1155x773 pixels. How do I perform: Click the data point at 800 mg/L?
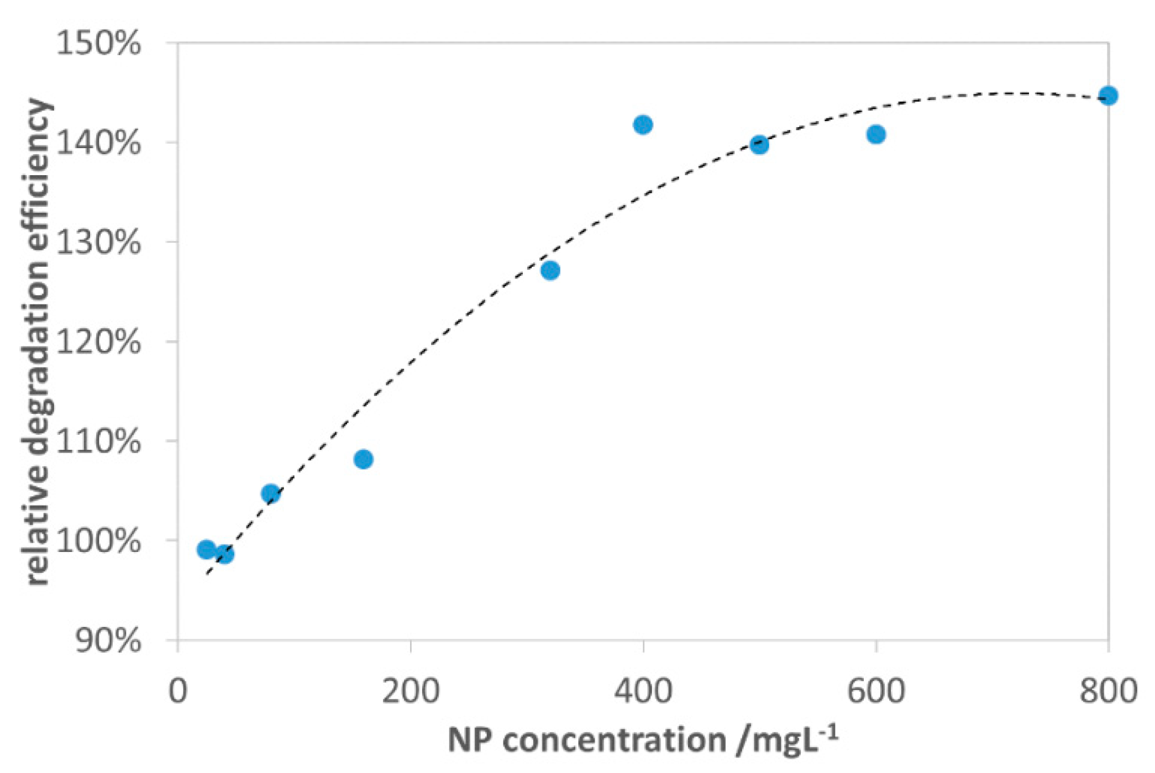(x=1108, y=96)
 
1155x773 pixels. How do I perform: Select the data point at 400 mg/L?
(x=643, y=125)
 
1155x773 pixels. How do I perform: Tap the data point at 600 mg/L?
(x=876, y=134)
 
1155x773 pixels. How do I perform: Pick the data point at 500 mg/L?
(x=759, y=145)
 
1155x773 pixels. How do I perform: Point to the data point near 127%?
(x=550, y=271)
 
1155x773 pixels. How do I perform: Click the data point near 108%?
(x=363, y=459)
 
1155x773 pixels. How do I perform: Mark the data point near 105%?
(x=270, y=493)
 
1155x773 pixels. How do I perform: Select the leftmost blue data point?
(x=206, y=550)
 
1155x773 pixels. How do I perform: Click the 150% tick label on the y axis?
(x=99, y=44)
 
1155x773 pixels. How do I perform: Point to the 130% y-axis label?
(x=99, y=243)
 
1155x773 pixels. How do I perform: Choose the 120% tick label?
(x=99, y=342)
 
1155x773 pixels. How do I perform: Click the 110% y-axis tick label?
(x=99, y=441)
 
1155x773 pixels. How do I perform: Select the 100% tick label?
(x=99, y=541)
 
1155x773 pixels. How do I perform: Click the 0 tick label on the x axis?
(x=178, y=691)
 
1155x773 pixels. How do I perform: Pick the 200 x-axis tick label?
(x=411, y=691)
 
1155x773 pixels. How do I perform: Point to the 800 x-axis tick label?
(x=1108, y=691)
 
